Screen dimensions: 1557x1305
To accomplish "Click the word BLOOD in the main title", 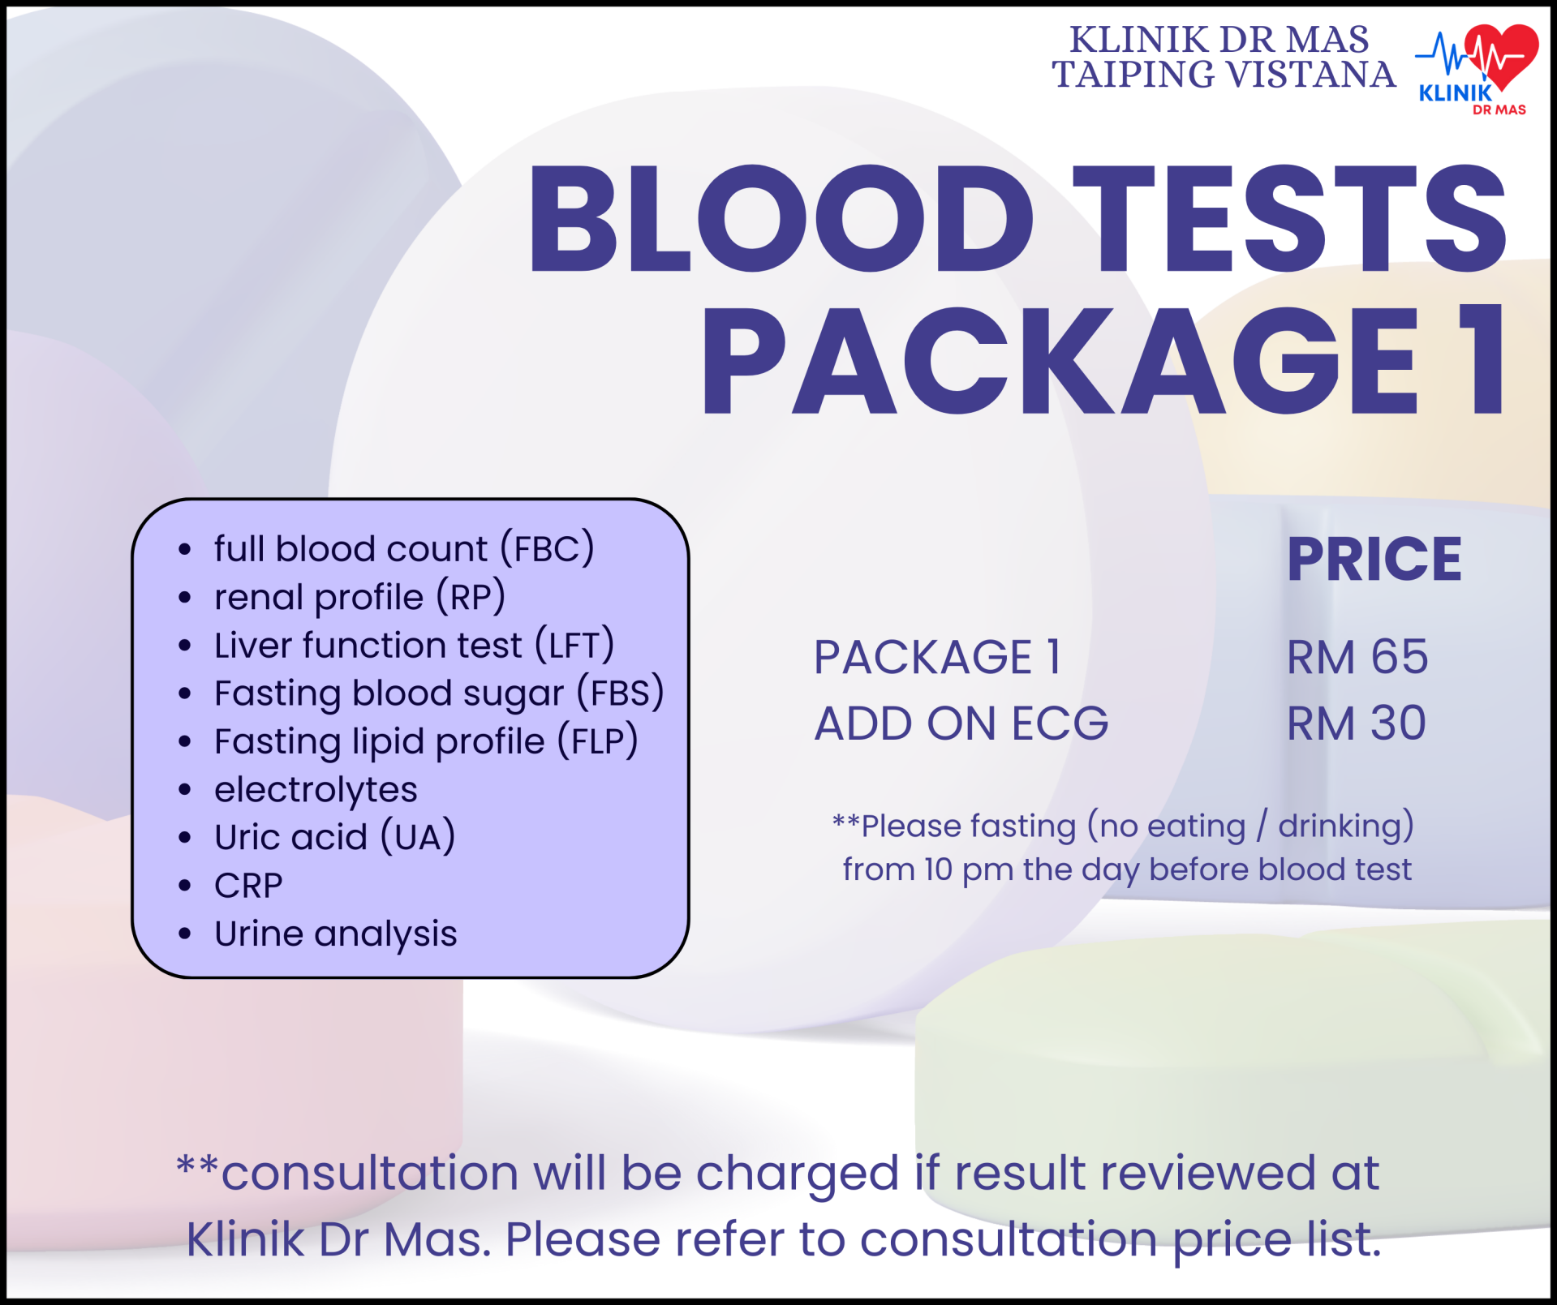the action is point(781,219).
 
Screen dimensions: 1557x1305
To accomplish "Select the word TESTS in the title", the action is point(1289,219).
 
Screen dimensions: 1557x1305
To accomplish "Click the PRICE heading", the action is point(1374,559).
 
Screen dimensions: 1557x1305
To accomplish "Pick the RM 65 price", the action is point(1357,657).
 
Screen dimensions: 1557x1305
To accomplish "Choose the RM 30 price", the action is point(1357,723).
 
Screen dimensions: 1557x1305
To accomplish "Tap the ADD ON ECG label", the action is point(961,723).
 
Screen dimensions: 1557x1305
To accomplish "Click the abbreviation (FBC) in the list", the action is point(548,548).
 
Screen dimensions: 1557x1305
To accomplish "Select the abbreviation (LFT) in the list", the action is point(574,646).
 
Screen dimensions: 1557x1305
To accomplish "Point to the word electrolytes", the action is point(316,790).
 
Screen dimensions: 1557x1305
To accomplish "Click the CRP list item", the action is point(248,886).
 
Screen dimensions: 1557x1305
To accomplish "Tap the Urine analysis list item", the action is point(336,934).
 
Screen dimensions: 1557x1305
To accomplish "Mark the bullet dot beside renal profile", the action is point(185,598).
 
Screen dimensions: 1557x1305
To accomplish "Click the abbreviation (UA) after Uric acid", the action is point(418,837).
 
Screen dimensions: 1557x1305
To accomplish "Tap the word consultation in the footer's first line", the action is point(370,1173).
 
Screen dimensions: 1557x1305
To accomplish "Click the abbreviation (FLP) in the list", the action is point(598,741).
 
